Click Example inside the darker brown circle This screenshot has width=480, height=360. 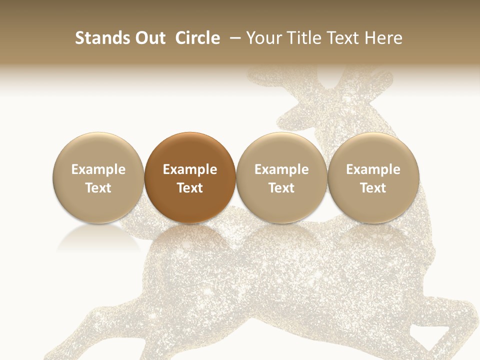tap(190, 170)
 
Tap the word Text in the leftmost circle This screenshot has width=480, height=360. tap(98, 188)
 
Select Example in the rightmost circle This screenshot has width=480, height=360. tap(373, 170)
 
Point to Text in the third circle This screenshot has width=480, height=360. tap(281, 188)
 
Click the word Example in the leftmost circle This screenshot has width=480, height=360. tap(98, 170)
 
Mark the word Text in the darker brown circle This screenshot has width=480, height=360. tap(190, 188)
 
